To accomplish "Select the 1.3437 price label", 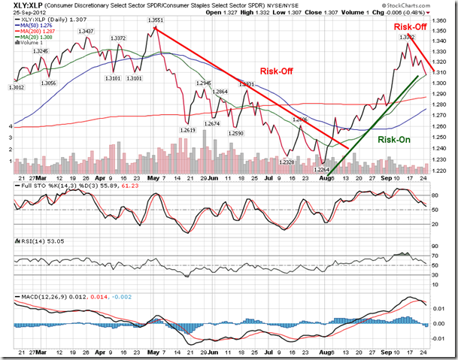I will (86, 32).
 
